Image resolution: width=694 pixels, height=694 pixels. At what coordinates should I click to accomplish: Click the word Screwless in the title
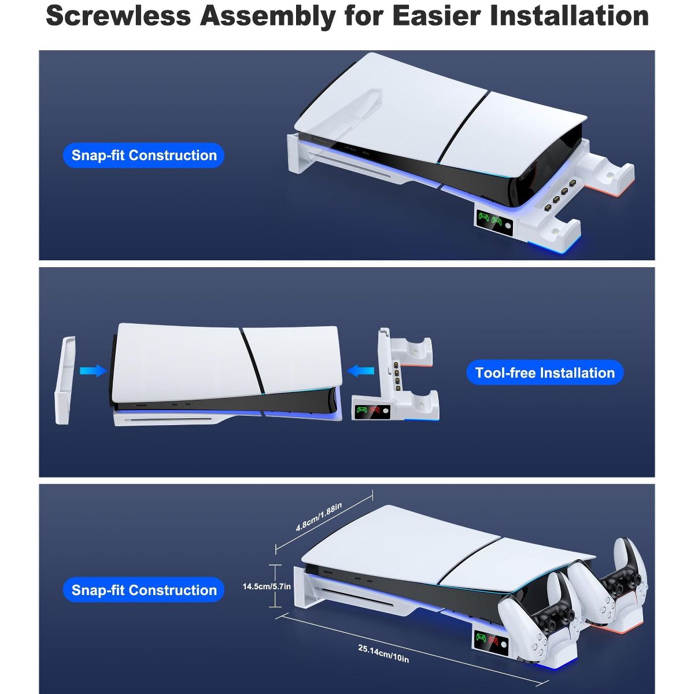point(118,16)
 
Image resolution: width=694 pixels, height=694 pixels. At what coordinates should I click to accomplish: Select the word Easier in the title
point(437,16)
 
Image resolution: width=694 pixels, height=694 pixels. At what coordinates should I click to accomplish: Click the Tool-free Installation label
point(545,373)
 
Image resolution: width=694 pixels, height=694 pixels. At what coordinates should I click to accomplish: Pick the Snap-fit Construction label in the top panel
point(143,155)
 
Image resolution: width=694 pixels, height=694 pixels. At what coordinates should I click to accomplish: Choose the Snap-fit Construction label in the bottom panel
point(143,590)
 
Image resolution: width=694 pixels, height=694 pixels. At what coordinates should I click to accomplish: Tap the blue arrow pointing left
point(360,370)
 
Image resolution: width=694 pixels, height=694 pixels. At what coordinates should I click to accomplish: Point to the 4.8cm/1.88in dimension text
point(319,517)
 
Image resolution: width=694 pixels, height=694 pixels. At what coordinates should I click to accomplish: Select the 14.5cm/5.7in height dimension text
point(267,586)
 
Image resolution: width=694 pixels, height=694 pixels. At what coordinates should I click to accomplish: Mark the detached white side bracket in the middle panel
point(65,380)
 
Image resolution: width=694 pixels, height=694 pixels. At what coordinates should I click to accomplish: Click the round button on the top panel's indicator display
point(508,226)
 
